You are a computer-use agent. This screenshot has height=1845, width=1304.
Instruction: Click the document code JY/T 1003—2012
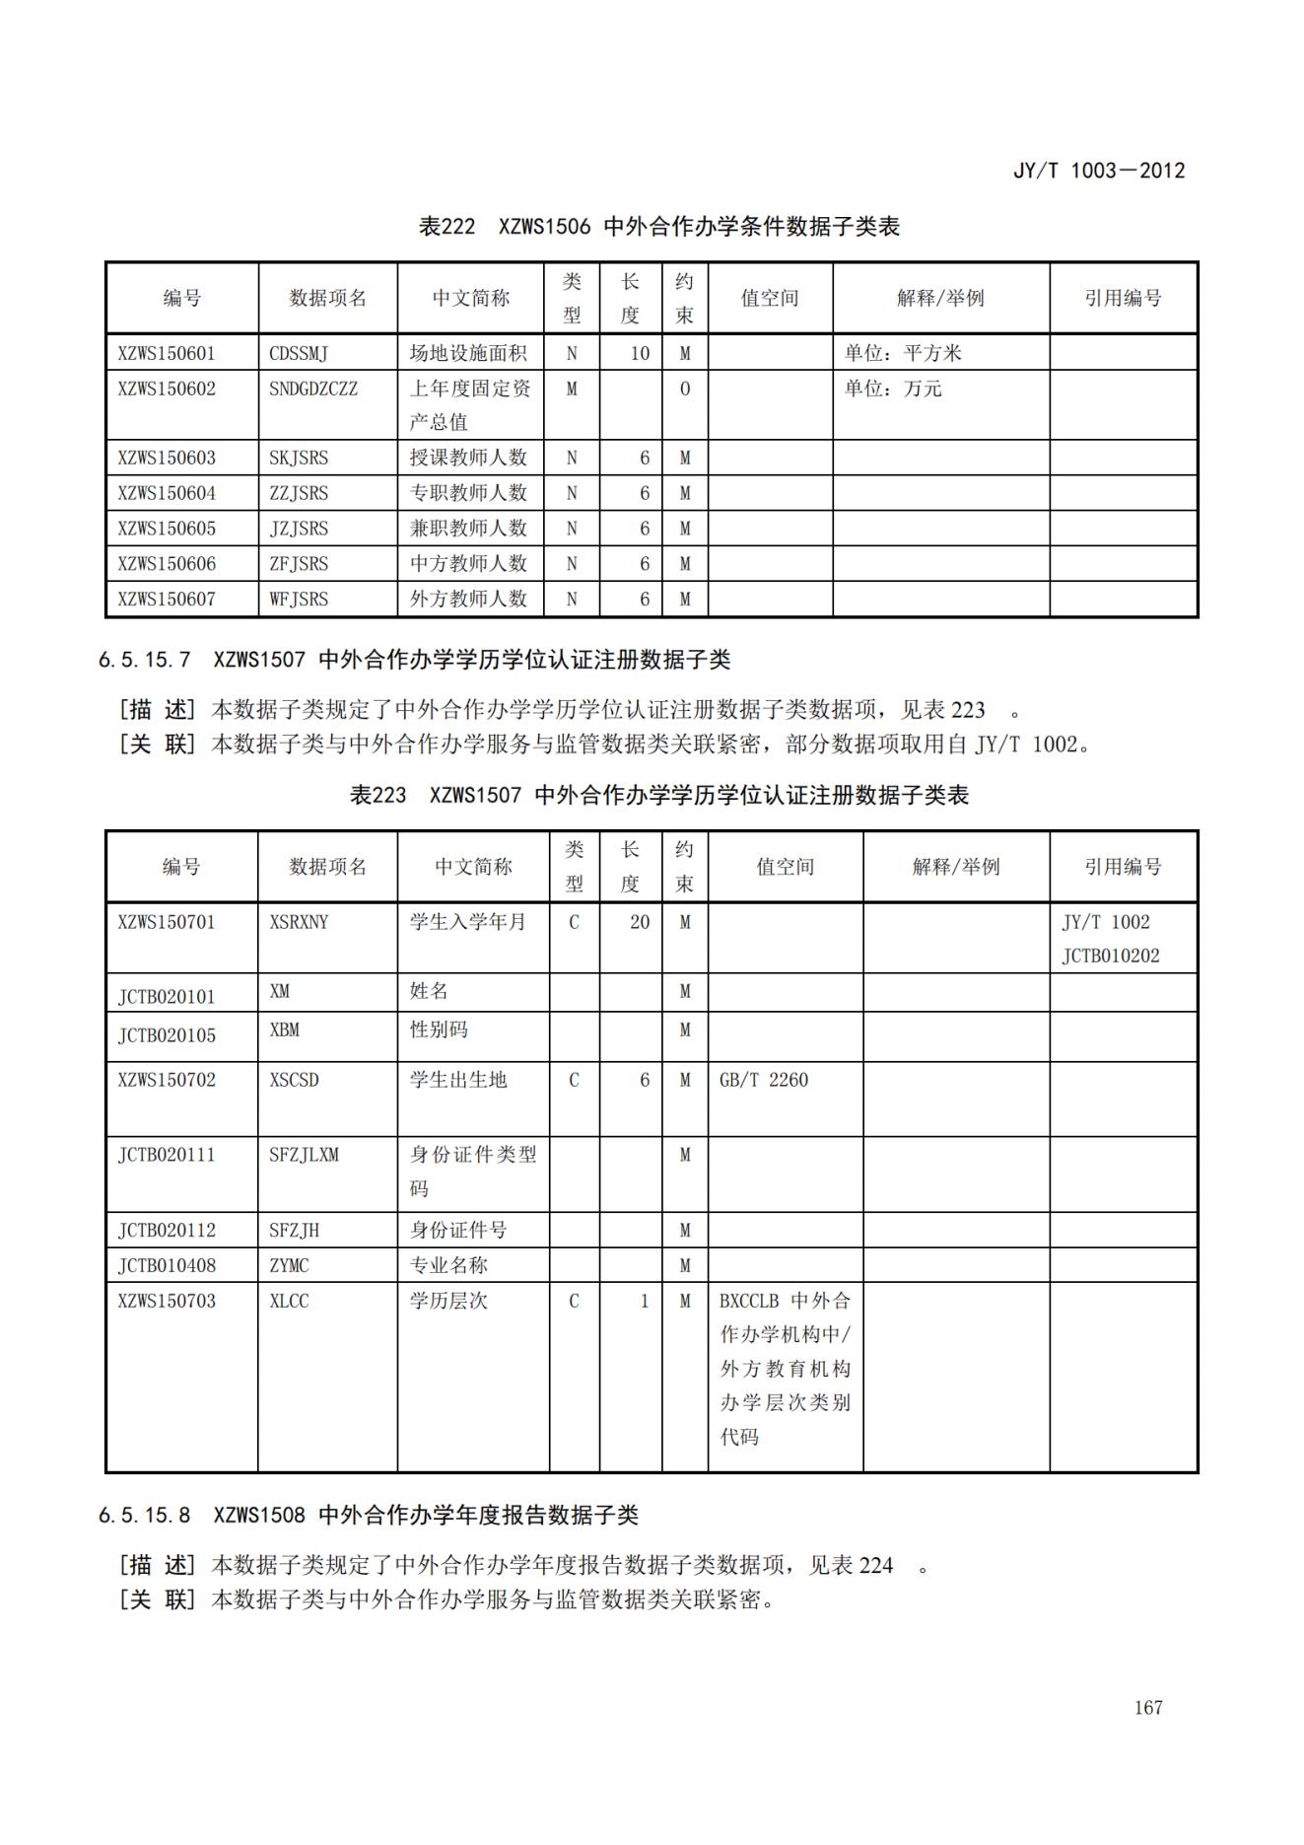[1098, 171]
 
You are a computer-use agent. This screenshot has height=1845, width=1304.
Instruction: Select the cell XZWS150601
[166, 353]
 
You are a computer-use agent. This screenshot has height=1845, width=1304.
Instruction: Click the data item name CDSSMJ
[299, 353]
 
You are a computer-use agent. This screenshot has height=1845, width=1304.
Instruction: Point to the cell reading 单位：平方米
[902, 353]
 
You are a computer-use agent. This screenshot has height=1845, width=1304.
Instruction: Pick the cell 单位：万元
[892, 389]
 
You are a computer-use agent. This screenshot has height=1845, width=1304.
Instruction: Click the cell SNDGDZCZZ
[313, 389]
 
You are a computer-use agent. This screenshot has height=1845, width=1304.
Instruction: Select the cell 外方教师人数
[468, 599]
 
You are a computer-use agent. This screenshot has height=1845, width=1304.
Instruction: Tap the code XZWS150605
[166, 529]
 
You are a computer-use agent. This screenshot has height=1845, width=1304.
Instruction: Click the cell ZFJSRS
[299, 564]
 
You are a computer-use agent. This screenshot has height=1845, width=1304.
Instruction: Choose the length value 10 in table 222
[640, 353]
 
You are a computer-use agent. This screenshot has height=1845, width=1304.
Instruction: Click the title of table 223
[658, 795]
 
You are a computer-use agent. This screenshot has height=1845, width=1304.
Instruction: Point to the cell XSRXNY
[299, 922]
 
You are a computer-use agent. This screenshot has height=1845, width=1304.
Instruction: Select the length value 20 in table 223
[640, 922]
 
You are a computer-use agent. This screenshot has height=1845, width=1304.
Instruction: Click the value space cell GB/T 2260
[763, 1080]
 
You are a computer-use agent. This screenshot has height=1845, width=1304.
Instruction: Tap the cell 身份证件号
[458, 1230]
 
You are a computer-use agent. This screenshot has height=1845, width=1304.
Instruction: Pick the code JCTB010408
[166, 1265]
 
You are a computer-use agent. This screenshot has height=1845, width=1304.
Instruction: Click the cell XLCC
[289, 1301]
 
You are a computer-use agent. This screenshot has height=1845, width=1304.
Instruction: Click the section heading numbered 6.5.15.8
[368, 1515]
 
